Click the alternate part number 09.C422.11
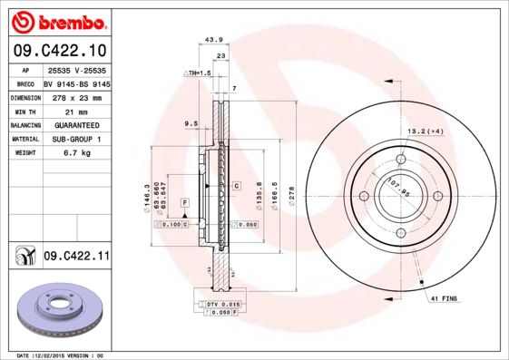[76, 257]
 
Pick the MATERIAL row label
[24, 139]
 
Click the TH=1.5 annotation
[197, 72]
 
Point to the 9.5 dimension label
[191, 122]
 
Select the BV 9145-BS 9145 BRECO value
[76, 82]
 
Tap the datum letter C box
[236, 185]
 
